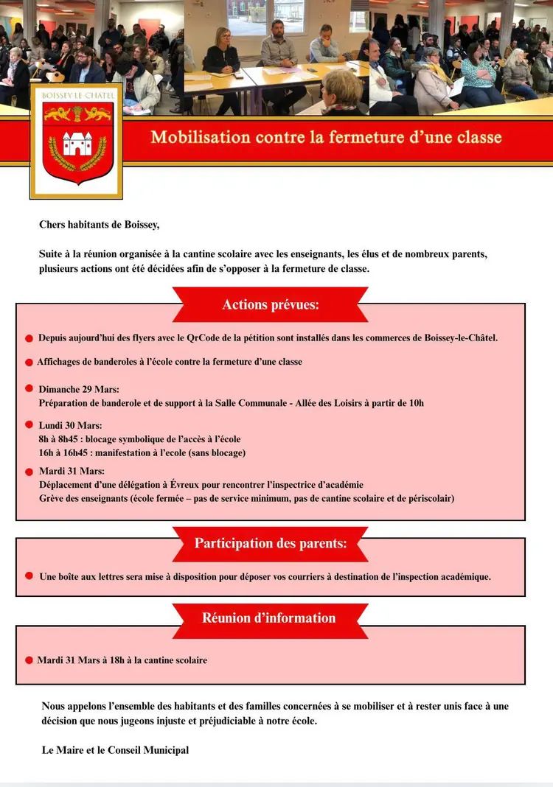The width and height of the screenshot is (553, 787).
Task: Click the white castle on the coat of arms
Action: pyautogui.click(x=77, y=142)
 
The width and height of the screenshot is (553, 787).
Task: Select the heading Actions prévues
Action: pyautogui.click(x=271, y=305)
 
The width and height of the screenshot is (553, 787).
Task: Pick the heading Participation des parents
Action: pyautogui.click(x=271, y=544)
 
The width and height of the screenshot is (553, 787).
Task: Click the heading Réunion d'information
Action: pyautogui.click(x=269, y=618)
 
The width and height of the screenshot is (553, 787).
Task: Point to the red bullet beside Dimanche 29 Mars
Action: pyautogui.click(x=29, y=388)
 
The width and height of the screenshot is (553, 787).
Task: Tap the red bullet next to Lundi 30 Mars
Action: pyautogui.click(x=29, y=424)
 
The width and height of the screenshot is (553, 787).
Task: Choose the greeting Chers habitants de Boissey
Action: pyautogui.click(x=99, y=225)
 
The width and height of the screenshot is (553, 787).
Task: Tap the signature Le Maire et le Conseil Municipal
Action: pyautogui.click(x=115, y=750)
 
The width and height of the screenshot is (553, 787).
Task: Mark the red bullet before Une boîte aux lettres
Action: pyautogui.click(x=29, y=576)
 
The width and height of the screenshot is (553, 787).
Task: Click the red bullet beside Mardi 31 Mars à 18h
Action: pyautogui.click(x=29, y=660)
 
